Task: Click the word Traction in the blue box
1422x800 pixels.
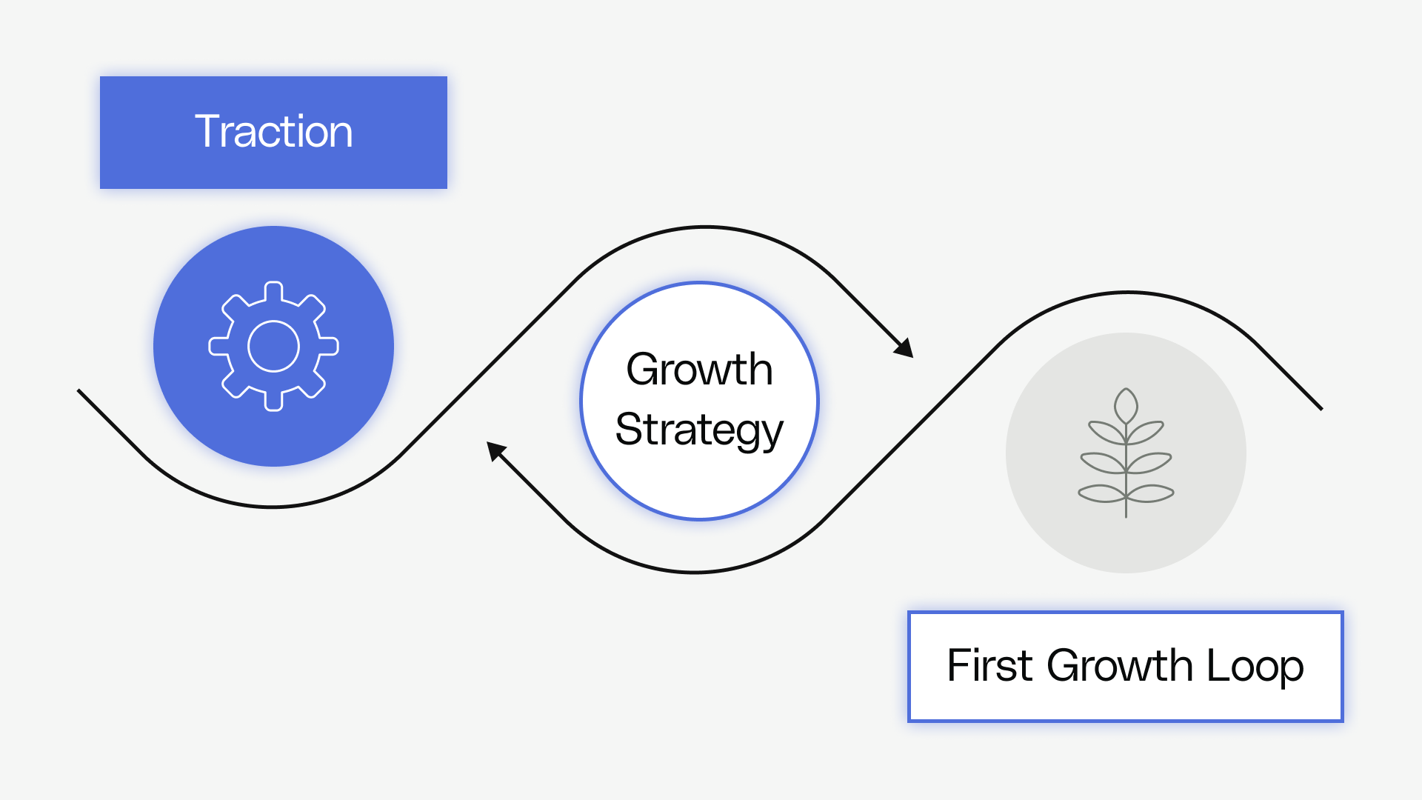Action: pos(273,132)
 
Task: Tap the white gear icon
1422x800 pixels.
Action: pos(273,346)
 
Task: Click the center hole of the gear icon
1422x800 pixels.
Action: pos(273,346)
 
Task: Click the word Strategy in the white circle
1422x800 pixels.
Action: pos(699,430)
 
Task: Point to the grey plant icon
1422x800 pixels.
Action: pos(1126,453)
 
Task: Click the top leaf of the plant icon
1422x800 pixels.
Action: pos(1126,406)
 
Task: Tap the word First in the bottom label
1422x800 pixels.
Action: pos(989,665)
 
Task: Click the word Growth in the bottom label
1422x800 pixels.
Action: pos(1119,665)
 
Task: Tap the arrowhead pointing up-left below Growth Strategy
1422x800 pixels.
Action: pos(495,450)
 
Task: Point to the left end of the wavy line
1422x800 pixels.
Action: pos(79,391)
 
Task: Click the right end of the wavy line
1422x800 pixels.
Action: pos(1321,408)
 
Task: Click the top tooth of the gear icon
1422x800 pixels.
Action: pos(273,290)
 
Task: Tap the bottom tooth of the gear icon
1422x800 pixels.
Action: pos(273,401)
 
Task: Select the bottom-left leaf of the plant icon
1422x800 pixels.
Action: pos(1101,493)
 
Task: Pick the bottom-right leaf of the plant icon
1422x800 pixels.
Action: pos(1150,493)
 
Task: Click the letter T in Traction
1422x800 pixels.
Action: pos(207,131)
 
